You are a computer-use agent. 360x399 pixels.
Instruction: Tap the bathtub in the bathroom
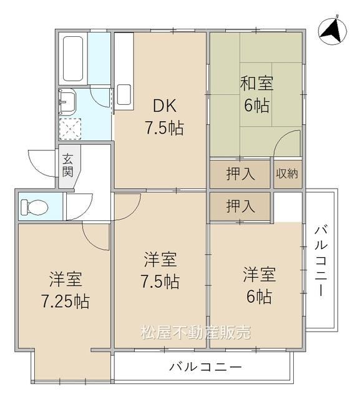click(x=73, y=59)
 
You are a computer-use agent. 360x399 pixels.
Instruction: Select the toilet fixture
click(x=34, y=206)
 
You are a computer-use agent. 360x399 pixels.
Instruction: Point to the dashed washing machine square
click(x=70, y=129)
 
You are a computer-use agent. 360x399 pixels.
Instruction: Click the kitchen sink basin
click(x=124, y=94)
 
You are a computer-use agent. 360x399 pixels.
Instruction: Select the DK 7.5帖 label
click(x=164, y=117)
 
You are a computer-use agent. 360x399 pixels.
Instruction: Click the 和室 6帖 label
click(x=257, y=94)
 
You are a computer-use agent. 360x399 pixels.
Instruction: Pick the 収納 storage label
click(x=287, y=174)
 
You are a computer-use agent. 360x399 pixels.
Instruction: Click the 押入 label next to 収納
click(x=240, y=174)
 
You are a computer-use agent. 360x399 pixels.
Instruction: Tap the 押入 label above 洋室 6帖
click(x=240, y=206)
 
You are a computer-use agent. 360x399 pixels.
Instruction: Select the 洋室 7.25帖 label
click(x=66, y=290)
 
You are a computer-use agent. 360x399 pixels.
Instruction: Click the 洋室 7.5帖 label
click(x=160, y=270)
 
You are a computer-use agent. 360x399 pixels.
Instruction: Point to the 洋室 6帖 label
click(x=260, y=285)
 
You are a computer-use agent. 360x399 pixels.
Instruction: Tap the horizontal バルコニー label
click(x=205, y=367)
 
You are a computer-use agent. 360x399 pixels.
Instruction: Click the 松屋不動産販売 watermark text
click(x=196, y=332)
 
